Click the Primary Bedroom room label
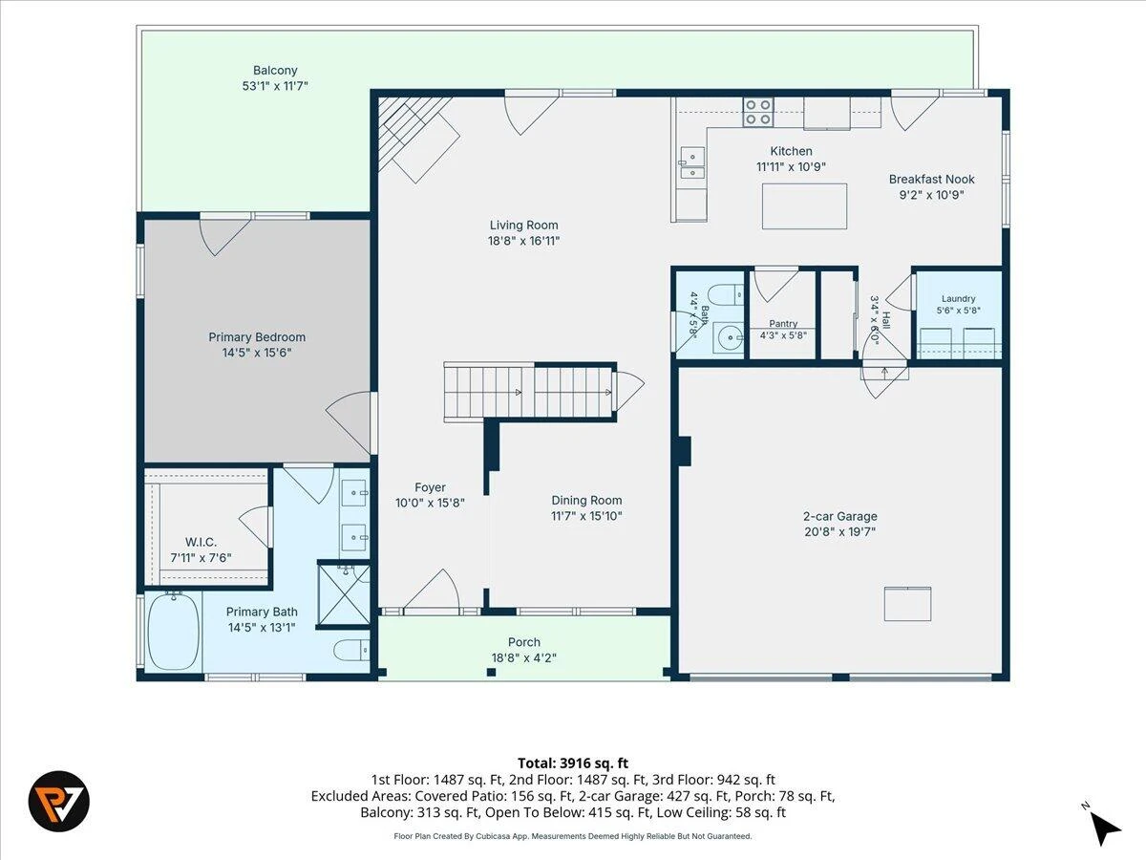tap(257, 337)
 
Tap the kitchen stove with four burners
tap(758, 112)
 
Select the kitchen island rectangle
tap(804, 206)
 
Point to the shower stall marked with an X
tap(344, 594)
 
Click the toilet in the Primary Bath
tap(351, 651)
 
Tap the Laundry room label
tap(959, 299)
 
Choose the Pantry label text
tap(783, 324)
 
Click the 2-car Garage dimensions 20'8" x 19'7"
tap(840, 531)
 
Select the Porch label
tap(524, 642)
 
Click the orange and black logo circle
tap(59, 801)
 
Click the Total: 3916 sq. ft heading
tap(573, 763)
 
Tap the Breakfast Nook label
tap(932, 179)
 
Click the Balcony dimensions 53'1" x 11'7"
tap(275, 86)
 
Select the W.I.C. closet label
tap(201, 542)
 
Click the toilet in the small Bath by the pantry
tap(726, 295)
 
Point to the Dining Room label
tap(586, 500)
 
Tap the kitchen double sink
tap(692, 162)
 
